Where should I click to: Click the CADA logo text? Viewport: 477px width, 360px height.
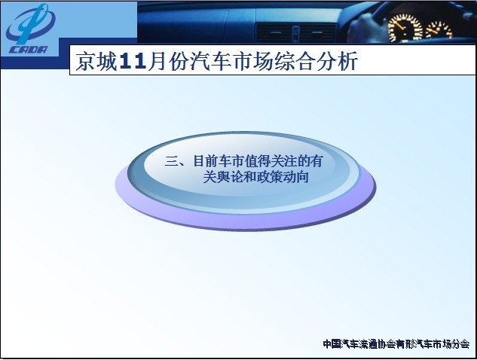[x=28, y=50]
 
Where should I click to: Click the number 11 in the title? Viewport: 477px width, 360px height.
[x=133, y=62]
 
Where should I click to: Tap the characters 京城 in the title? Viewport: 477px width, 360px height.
[x=96, y=62]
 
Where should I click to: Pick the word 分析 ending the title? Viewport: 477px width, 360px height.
[x=337, y=62]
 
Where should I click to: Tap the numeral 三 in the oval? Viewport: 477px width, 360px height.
[x=171, y=161]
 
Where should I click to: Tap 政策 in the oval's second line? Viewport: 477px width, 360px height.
[x=270, y=177]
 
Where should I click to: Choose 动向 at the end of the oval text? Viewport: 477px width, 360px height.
[x=296, y=177]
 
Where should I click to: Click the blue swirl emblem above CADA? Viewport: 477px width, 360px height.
[x=30, y=23]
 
